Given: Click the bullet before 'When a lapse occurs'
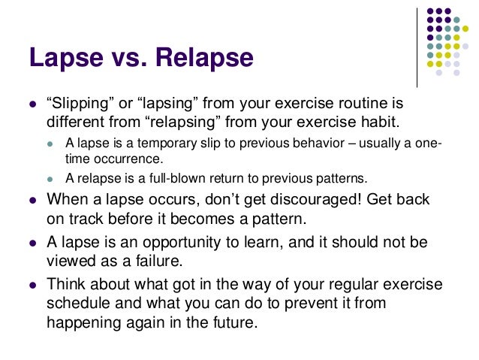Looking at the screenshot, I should [31, 201].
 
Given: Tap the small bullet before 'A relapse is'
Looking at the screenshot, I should [50, 180].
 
